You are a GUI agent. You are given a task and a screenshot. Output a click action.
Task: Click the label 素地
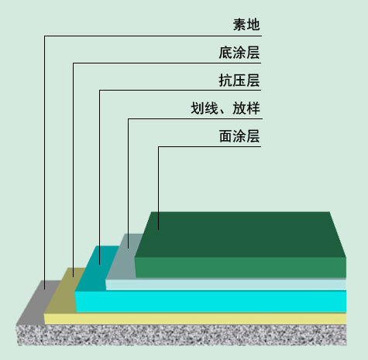[246, 25]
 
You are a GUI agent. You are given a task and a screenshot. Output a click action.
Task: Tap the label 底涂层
[239, 53]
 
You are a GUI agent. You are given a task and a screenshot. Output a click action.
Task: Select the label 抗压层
[239, 80]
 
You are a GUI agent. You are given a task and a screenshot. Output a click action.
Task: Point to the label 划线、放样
[225, 108]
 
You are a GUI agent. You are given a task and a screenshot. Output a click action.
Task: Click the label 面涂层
[239, 136]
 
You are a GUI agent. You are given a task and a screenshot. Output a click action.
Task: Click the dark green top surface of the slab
[240, 235]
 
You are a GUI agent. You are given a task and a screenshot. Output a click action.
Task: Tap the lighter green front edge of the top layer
[240, 268]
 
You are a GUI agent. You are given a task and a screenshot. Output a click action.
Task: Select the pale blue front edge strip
[225, 285]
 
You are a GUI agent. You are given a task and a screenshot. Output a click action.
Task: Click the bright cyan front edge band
[211, 301]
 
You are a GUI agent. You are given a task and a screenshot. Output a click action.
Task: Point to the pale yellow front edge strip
[195, 319]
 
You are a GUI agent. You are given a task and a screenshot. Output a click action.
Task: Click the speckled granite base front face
[181, 335]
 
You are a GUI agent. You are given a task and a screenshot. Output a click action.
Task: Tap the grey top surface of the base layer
[39, 302]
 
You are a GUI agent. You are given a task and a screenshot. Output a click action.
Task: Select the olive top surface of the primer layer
[64, 290]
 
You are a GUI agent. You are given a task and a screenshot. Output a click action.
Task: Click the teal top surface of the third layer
[97, 269]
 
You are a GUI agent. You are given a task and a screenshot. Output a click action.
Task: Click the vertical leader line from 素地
[44, 163]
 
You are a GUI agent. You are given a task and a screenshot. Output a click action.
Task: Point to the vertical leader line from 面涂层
[158, 188]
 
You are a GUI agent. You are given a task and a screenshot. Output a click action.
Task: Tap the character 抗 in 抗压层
[225, 80]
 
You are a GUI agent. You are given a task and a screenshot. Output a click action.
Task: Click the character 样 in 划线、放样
[253, 108]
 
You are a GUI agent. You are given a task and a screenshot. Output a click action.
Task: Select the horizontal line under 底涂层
[167, 63]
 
